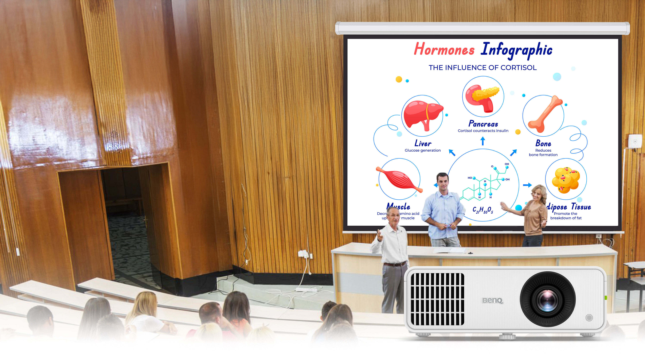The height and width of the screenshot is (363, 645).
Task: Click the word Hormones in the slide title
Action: [x=444, y=49]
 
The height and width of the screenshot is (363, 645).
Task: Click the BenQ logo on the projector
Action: [x=492, y=300]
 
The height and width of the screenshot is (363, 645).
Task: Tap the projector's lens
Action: [x=548, y=299]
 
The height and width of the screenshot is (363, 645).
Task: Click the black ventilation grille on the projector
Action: [x=437, y=299]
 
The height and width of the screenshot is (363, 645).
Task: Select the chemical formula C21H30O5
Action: [x=483, y=210]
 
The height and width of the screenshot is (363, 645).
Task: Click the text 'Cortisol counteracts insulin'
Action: [x=483, y=131]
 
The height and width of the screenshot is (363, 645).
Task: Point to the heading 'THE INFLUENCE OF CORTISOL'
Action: [x=483, y=68]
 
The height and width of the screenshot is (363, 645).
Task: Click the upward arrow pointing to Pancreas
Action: [x=483, y=141]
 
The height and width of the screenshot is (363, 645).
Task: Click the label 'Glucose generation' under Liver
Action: [x=423, y=150]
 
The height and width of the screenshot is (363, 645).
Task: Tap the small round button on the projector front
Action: [x=589, y=318]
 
